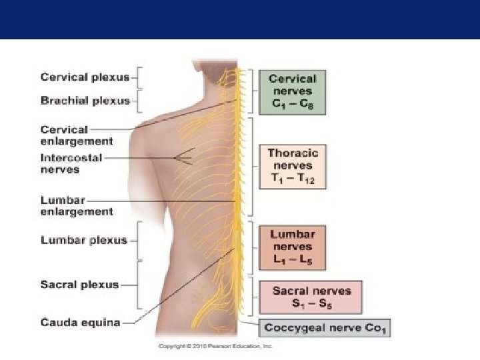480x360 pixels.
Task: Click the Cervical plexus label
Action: pyautogui.click(x=85, y=77)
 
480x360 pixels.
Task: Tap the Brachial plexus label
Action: pyautogui.click(x=85, y=102)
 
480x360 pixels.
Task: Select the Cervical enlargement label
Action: pyautogui.click(x=77, y=135)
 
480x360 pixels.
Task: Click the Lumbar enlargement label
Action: pyautogui.click(x=77, y=205)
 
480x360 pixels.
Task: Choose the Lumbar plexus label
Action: pyautogui.click(x=83, y=240)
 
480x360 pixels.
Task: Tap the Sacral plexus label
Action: pyautogui.click(x=79, y=285)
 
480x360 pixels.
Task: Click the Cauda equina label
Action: pyautogui.click(x=80, y=323)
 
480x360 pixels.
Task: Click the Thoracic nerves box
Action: pyautogui.click(x=293, y=166)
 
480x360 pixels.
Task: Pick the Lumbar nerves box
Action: pyautogui.click(x=293, y=247)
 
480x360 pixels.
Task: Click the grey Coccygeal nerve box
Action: pyautogui.click(x=326, y=328)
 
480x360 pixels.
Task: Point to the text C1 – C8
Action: pyautogui.click(x=292, y=104)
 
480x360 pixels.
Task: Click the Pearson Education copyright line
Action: pyautogui.click(x=215, y=346)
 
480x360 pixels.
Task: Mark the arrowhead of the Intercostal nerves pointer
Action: pyautogui.click(x=176, y=158)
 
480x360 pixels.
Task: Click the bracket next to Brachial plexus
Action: pyautogui.click(x=140, y=102)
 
